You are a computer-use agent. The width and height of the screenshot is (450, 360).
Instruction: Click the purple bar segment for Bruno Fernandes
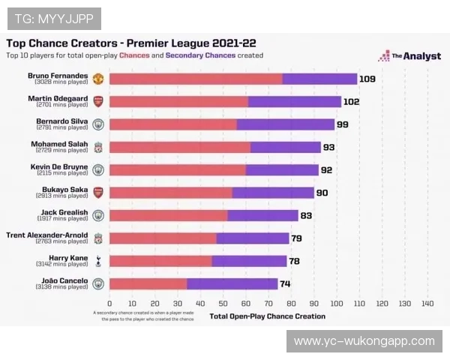320,79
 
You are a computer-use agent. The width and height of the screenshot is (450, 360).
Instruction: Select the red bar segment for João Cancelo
148,283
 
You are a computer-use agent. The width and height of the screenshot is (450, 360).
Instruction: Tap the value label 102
352,101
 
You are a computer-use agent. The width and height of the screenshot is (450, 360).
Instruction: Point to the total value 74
285,283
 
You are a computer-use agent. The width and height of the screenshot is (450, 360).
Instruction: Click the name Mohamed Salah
59,144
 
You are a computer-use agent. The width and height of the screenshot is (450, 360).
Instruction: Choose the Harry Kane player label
68,258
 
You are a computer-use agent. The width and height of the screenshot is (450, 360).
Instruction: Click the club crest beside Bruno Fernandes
97,79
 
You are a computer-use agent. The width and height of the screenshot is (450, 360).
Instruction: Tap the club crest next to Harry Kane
97,261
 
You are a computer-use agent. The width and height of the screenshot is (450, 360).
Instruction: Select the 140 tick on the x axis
427,304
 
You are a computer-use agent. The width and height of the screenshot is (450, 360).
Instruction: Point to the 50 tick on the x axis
223,304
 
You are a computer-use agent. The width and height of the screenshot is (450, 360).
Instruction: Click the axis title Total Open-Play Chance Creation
268,316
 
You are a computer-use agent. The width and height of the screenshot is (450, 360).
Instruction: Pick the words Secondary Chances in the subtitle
200,55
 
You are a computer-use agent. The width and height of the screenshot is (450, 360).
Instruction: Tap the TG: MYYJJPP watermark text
53,18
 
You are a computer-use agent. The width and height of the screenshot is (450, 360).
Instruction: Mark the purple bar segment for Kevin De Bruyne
282,170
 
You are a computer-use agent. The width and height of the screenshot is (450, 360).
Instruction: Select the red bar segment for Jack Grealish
169,215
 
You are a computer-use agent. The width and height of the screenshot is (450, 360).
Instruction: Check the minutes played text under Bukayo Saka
62,196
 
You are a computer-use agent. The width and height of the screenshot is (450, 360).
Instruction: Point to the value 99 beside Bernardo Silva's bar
343,124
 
